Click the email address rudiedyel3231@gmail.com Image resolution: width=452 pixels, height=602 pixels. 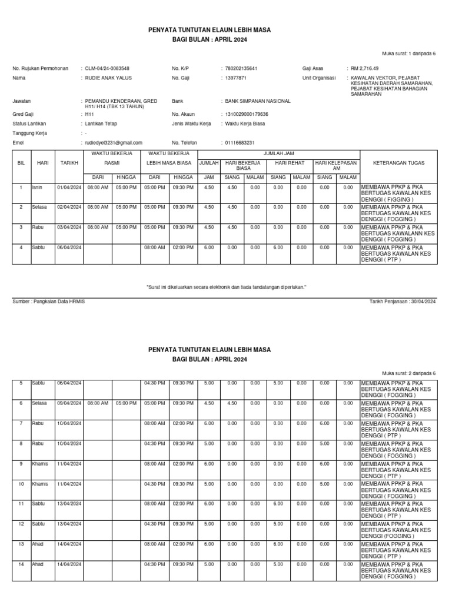pos(114,143)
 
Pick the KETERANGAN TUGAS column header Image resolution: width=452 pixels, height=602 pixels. pos(398,162)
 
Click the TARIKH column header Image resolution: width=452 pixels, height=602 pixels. pos(69,162)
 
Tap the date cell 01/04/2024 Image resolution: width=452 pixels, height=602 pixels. pos(69,188)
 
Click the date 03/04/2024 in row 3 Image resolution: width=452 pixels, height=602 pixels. pos(69,227)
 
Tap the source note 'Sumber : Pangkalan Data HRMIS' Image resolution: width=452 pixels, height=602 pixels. pos(49,301)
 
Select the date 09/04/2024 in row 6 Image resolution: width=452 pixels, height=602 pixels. pos(69,403)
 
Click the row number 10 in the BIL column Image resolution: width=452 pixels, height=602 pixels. pos(21,483)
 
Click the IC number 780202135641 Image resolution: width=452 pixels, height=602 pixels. pos(241,68)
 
